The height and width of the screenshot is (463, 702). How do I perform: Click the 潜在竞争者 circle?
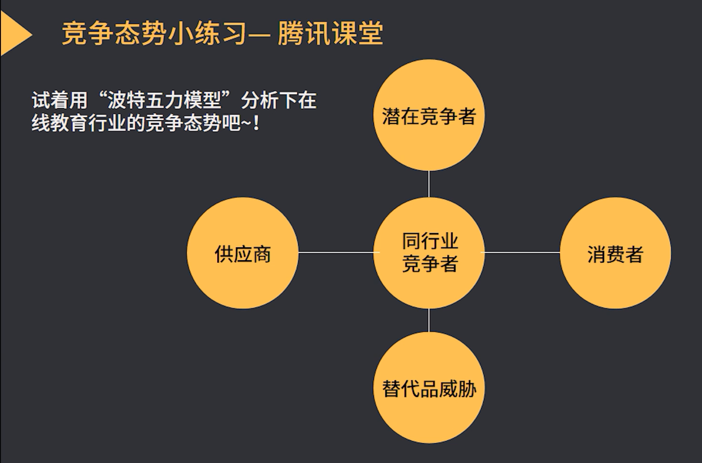(x=428, y=115)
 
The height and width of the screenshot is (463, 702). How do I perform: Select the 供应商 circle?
(x=242, y=253)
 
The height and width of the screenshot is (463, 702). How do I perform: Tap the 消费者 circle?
(x=615, y=253)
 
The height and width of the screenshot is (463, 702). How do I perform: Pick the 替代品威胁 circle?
(x=428, y=388)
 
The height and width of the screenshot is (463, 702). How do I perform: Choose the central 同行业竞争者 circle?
(x=428, y=253)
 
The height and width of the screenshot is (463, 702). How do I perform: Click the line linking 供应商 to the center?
(x=336, y=252)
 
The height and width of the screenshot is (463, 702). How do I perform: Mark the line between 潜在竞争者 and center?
(x=429, y=184)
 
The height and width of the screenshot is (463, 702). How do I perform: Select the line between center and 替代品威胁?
(x=429, y=320)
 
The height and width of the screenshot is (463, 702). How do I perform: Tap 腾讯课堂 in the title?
(x=330, y=34)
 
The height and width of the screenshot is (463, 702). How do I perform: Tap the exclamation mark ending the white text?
(x=256, y=123)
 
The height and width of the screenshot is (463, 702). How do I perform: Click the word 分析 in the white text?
(x=260, y=100)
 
